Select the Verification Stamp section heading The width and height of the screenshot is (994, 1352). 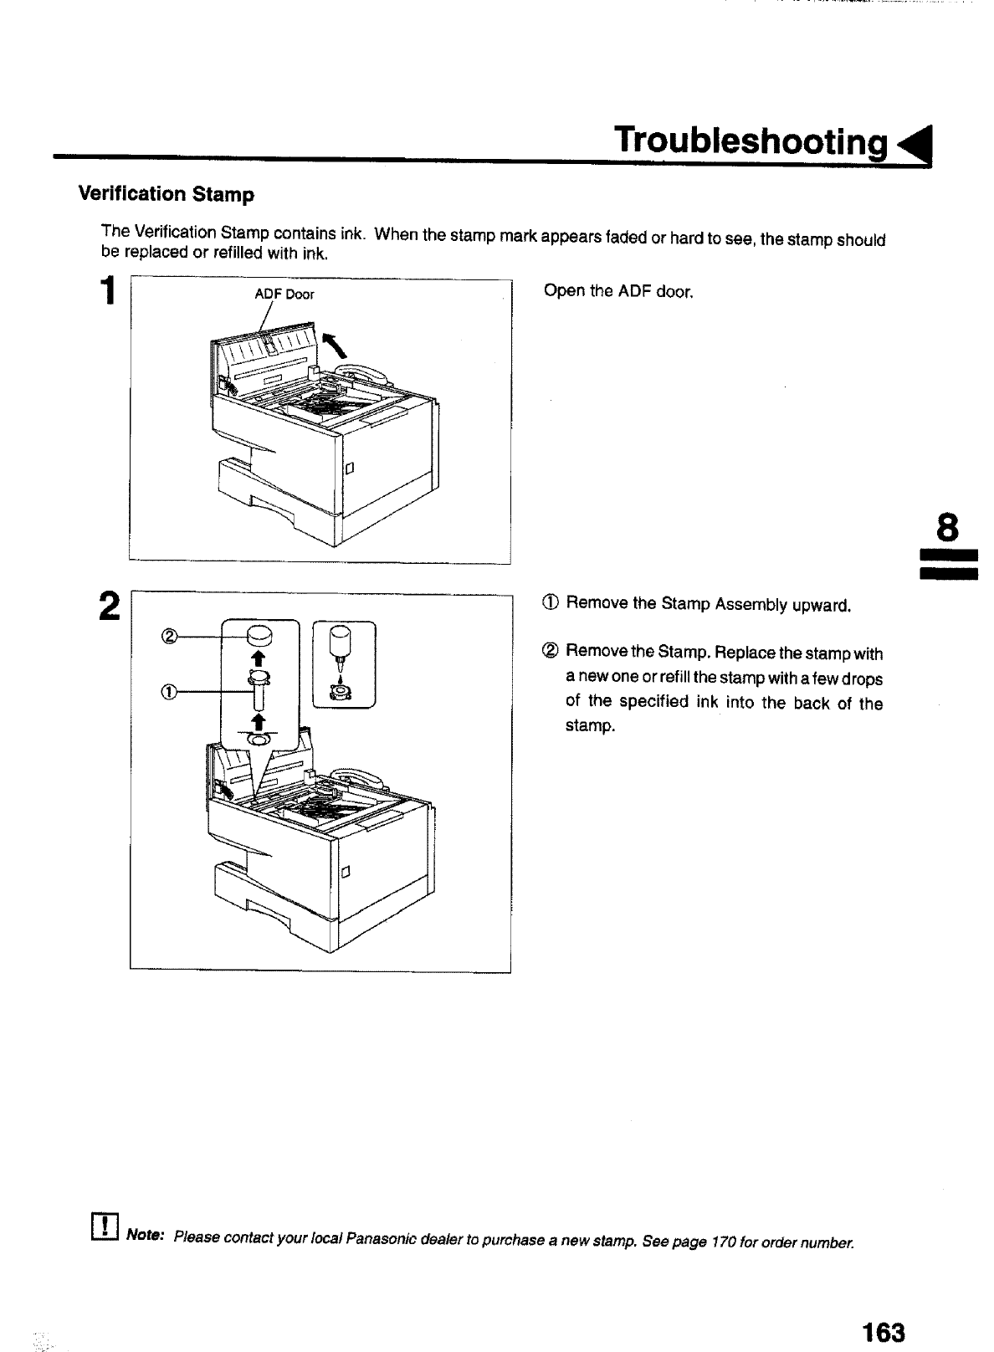point(166,194)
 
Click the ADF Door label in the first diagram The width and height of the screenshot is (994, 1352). point(284,294)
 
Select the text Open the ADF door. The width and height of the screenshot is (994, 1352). point(618,292)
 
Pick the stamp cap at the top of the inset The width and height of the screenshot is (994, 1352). point(259,636)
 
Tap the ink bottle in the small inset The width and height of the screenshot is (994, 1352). point(341,645)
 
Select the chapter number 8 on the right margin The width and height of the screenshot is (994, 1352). point(946,529)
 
